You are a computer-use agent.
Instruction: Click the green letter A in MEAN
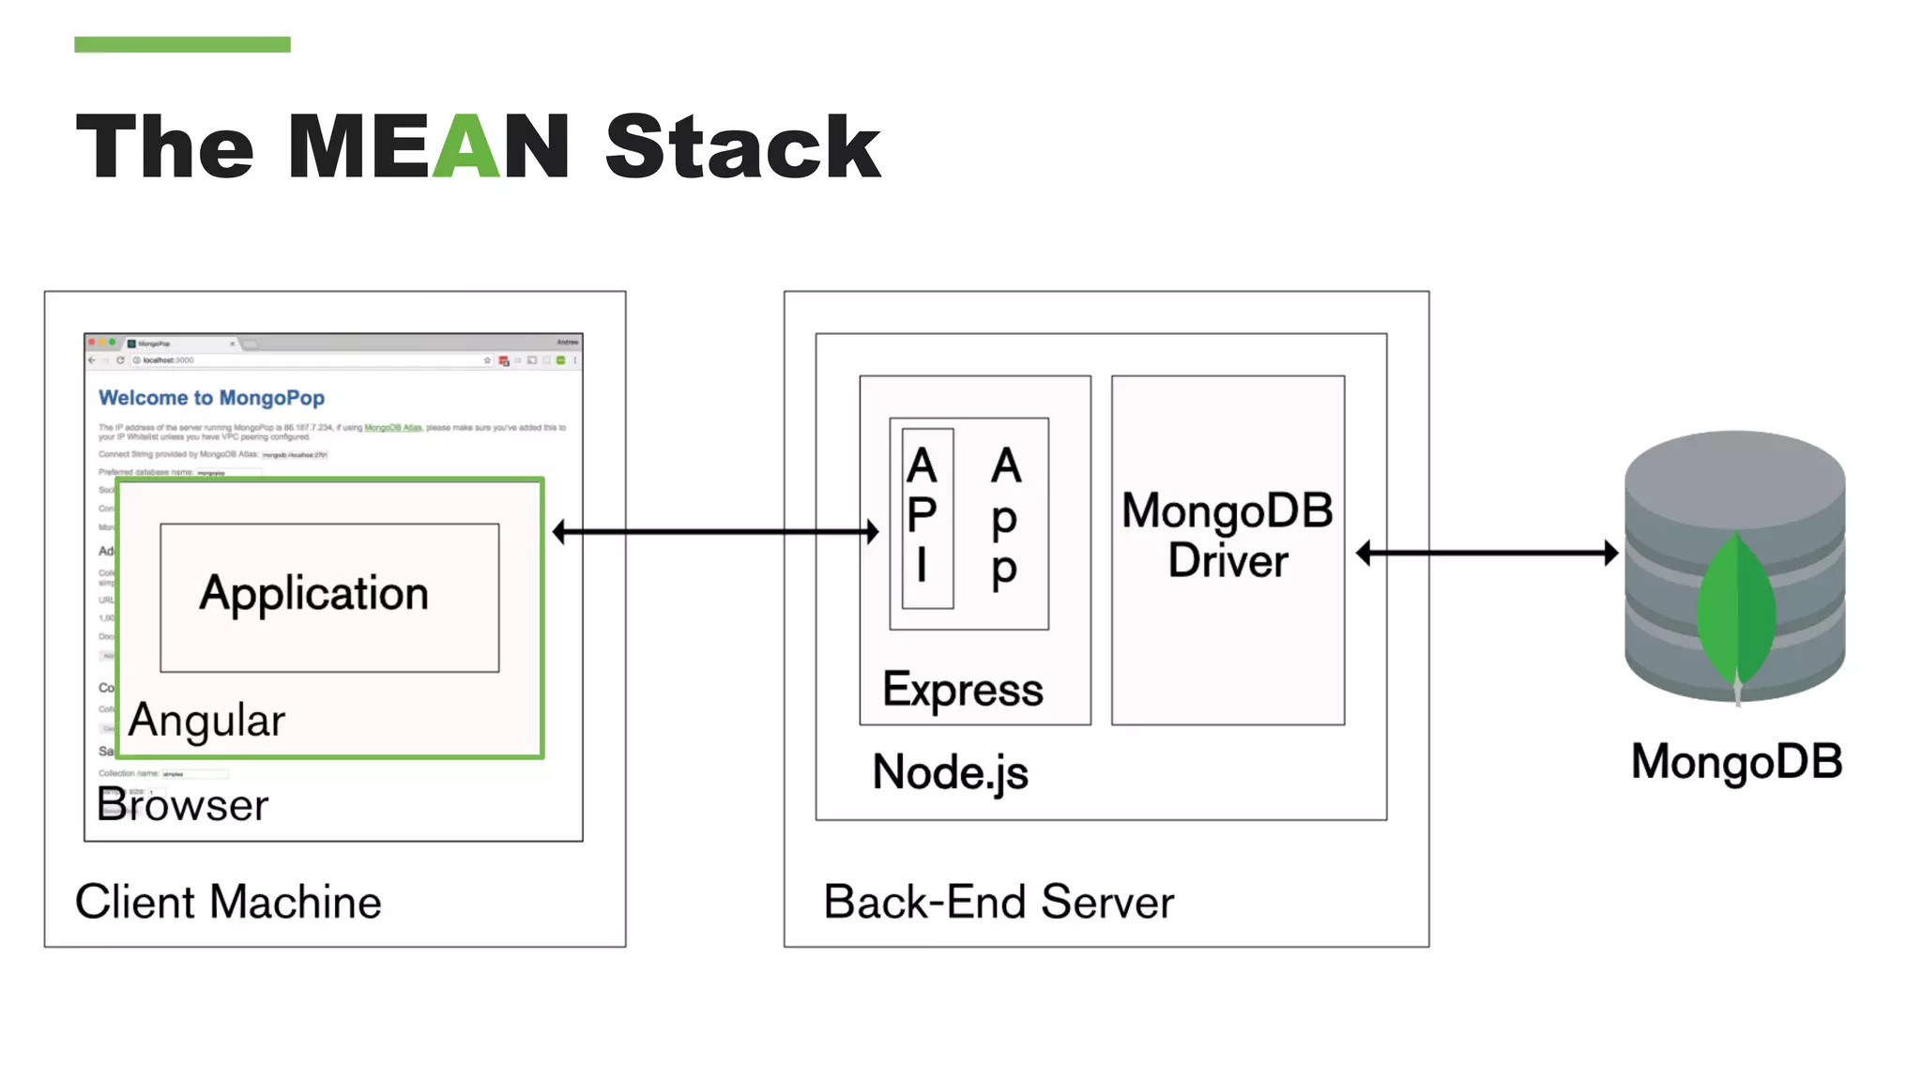(465, 147)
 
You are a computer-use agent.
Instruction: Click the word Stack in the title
(742, 147)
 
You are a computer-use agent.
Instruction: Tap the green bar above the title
(182, 44)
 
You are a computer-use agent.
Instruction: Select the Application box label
(313, 594)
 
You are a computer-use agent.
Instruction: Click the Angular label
(206, 721)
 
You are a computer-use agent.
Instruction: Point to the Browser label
(183, 805)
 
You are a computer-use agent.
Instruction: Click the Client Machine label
(228, 902)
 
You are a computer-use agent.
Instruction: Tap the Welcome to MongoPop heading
(211, 398)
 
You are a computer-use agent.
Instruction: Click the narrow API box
(926, 518)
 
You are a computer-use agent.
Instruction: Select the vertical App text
(1005, 518)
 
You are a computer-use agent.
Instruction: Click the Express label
(962, 691)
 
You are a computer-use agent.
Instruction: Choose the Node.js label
(950, 772)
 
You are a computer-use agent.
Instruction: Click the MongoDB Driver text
(1227, 536)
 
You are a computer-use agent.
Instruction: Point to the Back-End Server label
(999, 902)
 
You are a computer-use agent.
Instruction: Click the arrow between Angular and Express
(715, 532)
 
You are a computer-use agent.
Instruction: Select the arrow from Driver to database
(1487, 553)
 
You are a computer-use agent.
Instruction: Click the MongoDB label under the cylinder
(1736, 761)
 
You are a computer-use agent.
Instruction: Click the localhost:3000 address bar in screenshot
(310, 360)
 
